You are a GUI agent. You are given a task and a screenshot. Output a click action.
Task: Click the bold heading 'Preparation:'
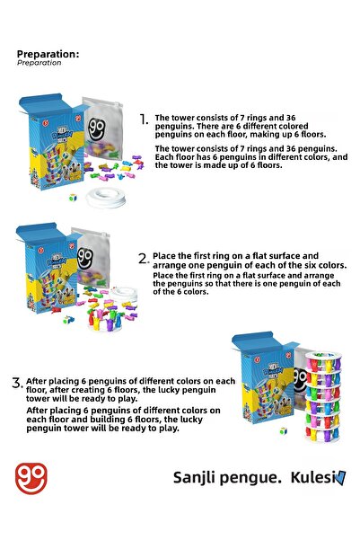(x=48, y=54)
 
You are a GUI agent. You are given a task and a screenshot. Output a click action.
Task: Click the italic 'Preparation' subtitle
(x=40, y=63)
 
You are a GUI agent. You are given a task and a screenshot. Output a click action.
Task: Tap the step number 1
(x=143, y=119)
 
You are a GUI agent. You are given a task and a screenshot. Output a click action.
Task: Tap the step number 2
(x=143, y=259)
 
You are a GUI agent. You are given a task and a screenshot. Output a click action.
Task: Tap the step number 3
(x=16, y=383)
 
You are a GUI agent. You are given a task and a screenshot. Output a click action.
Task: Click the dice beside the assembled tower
(x=284, y=431)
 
